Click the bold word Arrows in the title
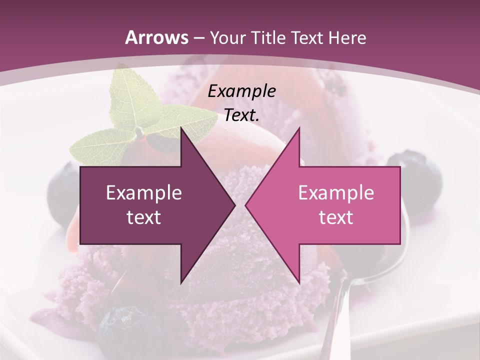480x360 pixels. point(156,37)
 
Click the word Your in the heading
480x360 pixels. point(227,37)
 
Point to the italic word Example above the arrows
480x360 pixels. point(242,91)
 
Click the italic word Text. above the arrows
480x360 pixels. point(242,115)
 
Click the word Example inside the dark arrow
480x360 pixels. point(144,193)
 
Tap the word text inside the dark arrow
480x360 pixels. point(144,217)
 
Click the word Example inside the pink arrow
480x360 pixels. point(336,193)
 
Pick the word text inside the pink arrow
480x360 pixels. point(336,217)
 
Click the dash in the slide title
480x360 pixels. point(197,38)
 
